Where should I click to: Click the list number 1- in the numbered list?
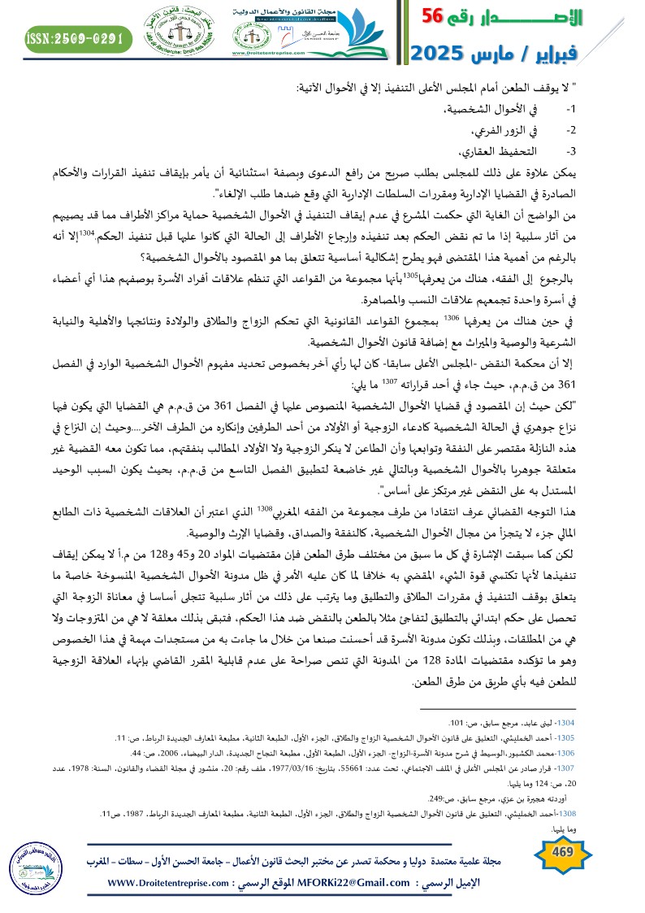pyautogui.click(x=548, y=108)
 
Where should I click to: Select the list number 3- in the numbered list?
pyautogui.click(x=548, y=151)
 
